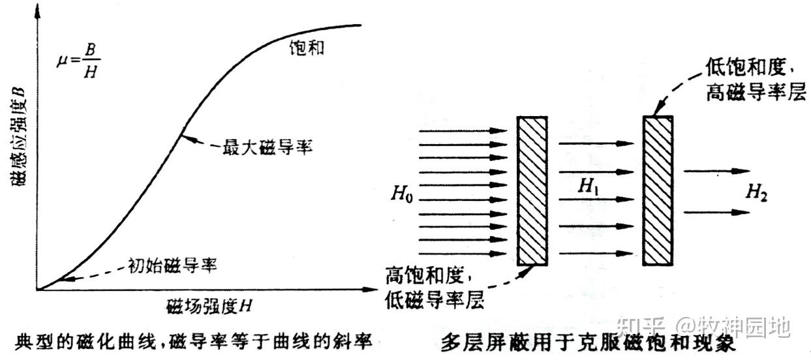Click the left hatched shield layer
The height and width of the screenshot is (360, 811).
[532, 190]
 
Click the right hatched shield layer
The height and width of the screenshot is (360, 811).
[658, 190]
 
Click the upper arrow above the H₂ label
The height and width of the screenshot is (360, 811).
[717, 172]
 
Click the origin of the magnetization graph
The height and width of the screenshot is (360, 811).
[38, 289]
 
